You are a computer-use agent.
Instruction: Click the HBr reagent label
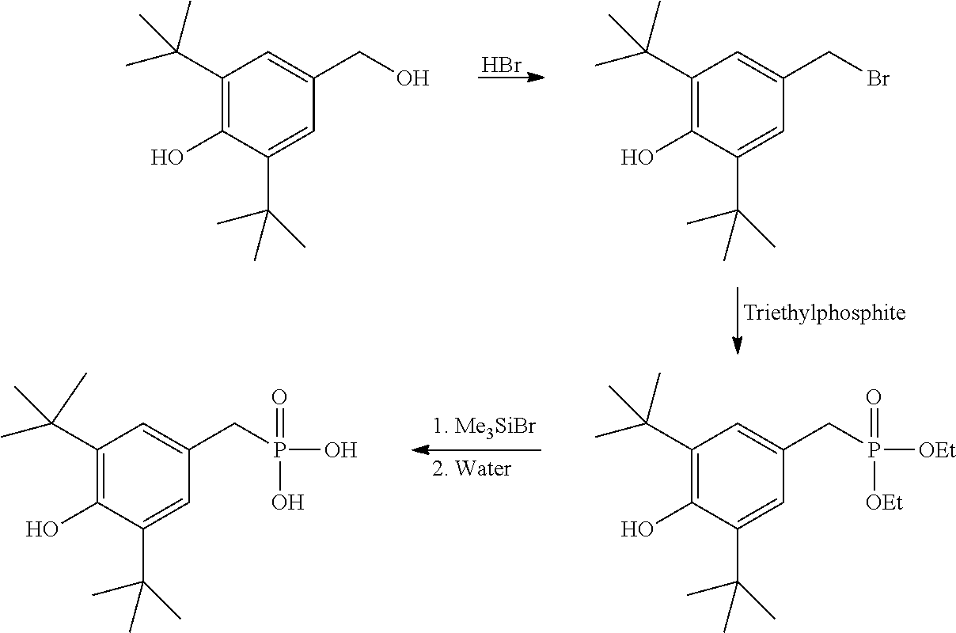click(x=502, y=66)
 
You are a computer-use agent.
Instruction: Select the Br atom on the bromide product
click(x=878, y=79)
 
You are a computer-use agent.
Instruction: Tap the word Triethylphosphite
click(x=825, y=313)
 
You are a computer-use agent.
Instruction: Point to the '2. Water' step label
click(x=472, y=468)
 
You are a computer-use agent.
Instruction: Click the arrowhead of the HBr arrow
click(x=536, y=78)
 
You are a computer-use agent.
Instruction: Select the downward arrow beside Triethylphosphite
click(x=737, y=320)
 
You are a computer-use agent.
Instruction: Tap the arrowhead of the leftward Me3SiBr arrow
click(x=420, y=450)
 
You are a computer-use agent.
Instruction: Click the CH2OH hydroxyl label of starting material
click(x=412, y=79)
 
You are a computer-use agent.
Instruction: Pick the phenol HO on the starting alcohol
click(x=167, y=158)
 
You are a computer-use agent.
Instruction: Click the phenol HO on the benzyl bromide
click(x=637, y=158)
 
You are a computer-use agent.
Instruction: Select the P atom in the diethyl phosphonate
click(x=874, y=450)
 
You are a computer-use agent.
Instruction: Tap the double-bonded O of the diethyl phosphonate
click(x=874, y=397)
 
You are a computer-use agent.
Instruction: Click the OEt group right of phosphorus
click(x=937, y=450)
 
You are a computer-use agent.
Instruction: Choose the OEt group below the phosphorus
click(x=884, y=502)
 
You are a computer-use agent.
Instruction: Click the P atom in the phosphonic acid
click(x=279, y=450)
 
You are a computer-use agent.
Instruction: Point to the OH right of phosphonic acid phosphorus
click(x=340, y=450)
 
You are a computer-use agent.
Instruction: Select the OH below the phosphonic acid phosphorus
click(x=287, y=502)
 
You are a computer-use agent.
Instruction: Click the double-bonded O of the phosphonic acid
click(x=279, y=397)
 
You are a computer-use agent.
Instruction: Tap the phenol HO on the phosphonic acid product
click(x=42, y=530)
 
